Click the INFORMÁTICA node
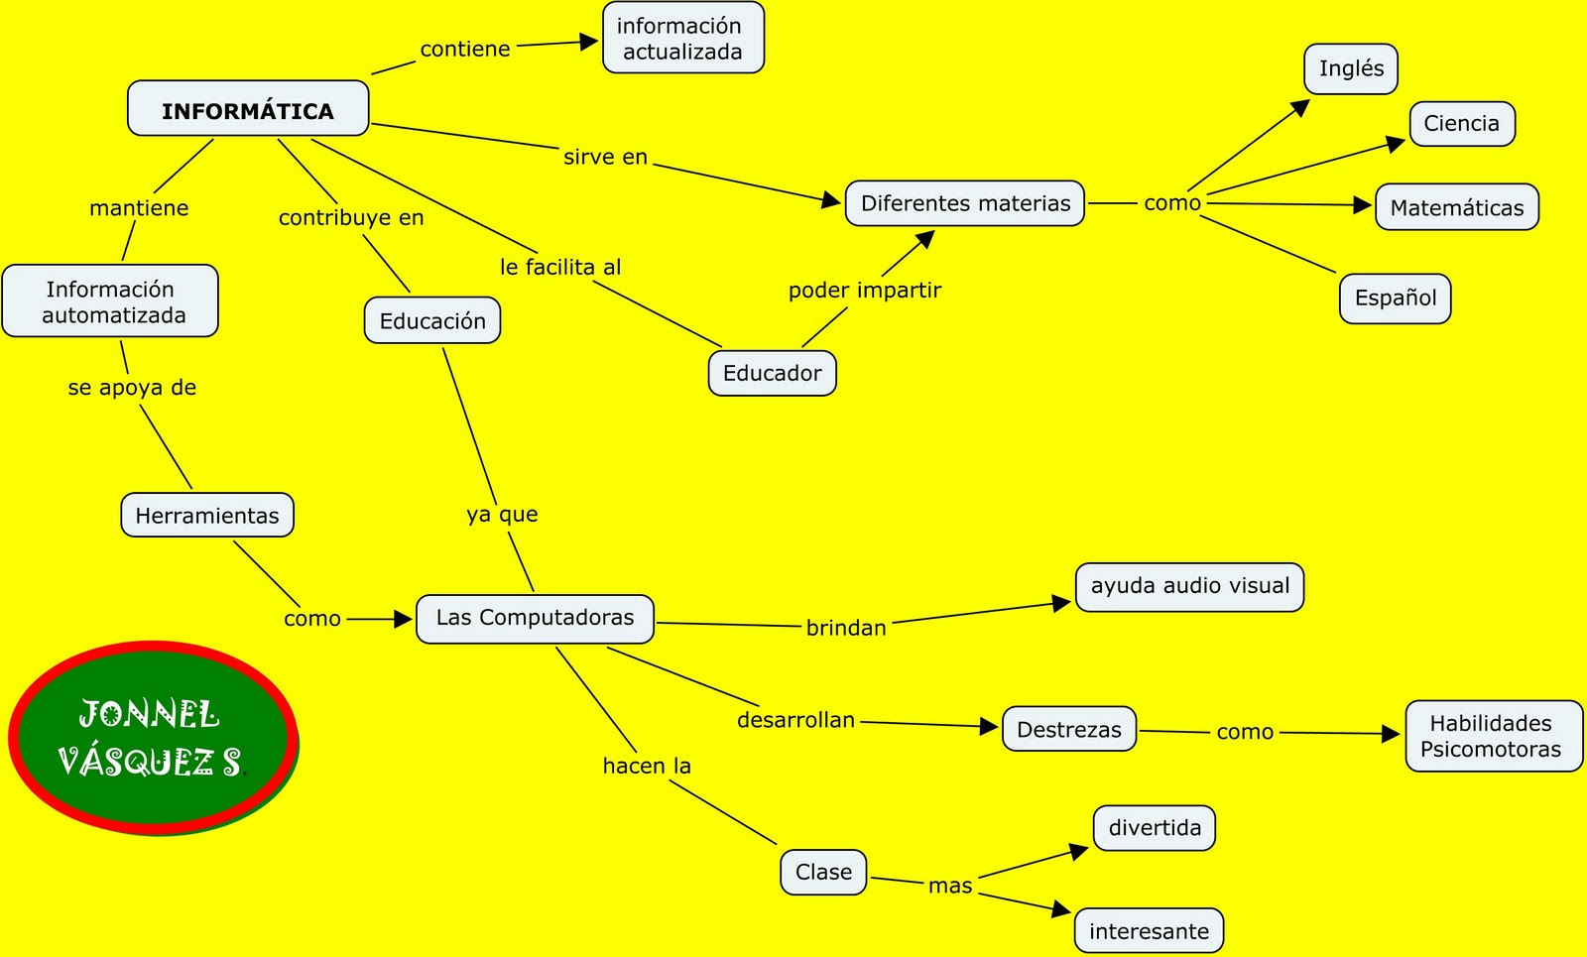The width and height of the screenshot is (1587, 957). point(248,109)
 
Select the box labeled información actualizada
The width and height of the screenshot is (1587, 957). point(682,39)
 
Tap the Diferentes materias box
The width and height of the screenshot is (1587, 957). point(965,203)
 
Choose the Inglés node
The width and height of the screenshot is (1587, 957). point(1351,68)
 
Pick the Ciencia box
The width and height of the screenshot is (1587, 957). point(1462,124)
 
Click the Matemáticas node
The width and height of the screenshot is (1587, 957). point(1457,207)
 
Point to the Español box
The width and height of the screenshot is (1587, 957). point(1395,299)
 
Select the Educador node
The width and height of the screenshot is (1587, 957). point(772,373)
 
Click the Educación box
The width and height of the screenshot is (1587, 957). point(432,320)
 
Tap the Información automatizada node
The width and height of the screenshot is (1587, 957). point(111,301)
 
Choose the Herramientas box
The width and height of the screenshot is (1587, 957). point(207,515)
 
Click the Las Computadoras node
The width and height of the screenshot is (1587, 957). point(535,618)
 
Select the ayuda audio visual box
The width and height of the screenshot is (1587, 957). point(1189,586)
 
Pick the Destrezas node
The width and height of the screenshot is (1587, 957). point(1068,729)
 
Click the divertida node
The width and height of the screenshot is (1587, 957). point(1155,828)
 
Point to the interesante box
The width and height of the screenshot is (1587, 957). point(1149,931)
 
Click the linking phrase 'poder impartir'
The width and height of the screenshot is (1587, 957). point(865,291)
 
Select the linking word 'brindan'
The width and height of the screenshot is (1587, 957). point(846,628)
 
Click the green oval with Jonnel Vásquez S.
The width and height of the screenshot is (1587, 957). point(153,737)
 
